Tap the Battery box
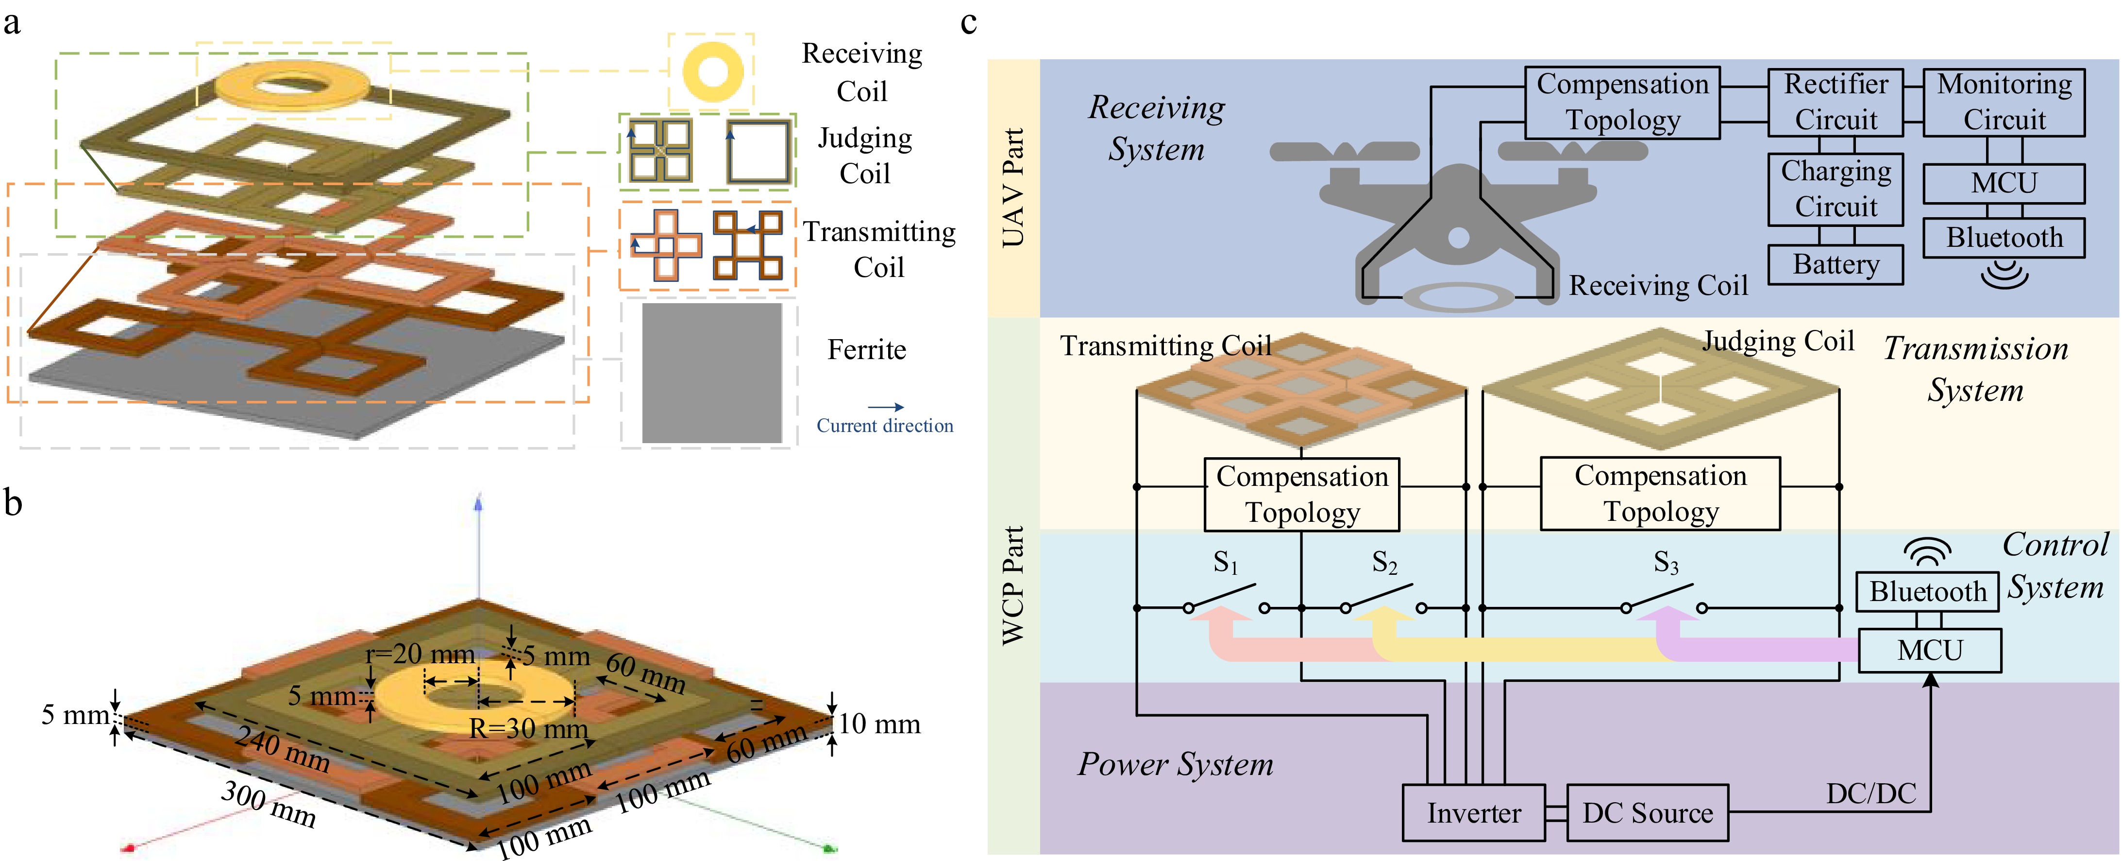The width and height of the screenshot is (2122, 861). pyautogui.click(x=1836, y=264)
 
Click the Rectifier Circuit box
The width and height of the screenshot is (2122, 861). pyautogui.click(x=1836, y=102)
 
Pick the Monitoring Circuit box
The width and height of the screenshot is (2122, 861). pyautogui.click(x=2004, y=102)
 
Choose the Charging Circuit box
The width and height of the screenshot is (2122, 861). pyautogui.click(x=1836, y=189)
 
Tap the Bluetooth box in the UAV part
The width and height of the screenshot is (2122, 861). pyautogui.click(x=2004, y=237)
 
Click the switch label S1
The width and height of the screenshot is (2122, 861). pyautogui.click(x=1225, y=563)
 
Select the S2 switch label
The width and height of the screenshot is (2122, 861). pyautogui.click(x=1384, y=563)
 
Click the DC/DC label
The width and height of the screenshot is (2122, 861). pyautogui.click(x=1871, y=793)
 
